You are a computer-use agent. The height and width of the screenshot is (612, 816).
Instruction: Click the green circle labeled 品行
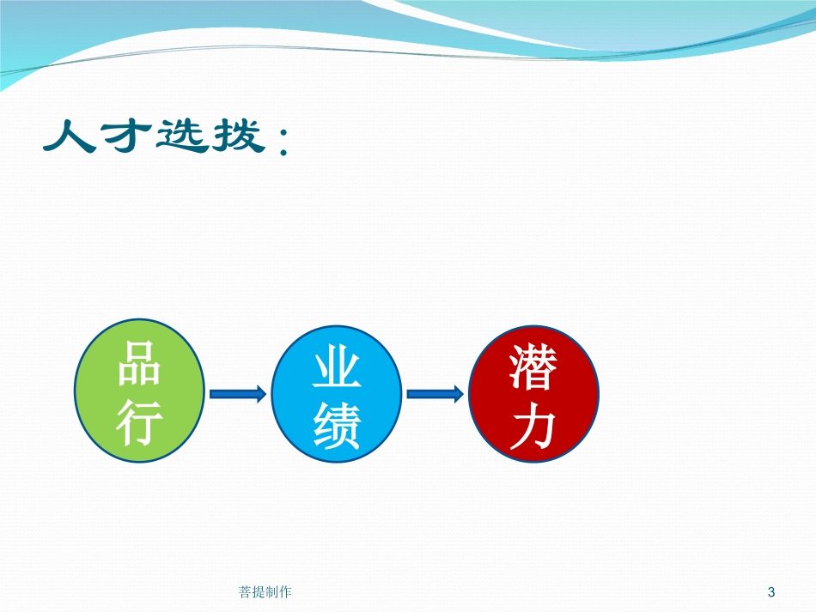click(x=139, y=391)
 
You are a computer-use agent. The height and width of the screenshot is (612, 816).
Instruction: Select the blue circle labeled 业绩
click(x=336, y=394)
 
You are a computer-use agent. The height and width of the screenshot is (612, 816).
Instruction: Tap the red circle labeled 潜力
click(x=534, y=394)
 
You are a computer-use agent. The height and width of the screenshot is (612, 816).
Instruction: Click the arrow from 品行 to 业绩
click(x=238, y=394)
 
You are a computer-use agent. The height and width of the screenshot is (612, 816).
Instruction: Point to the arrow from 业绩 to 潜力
click(x=435, y=394)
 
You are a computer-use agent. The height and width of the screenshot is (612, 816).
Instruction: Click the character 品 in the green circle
click(x=138, y=363)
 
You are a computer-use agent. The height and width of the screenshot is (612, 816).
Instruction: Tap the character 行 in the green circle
click(x=139, y=422)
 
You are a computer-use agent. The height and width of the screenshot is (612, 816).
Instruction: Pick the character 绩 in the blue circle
click(x=337, y=427)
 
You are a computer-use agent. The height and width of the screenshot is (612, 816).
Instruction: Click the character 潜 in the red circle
click(x=533, y=367)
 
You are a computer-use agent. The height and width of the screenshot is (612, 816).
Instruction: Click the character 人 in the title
click(x=70, y=136)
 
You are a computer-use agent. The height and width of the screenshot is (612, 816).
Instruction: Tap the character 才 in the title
click(x=126, y=136)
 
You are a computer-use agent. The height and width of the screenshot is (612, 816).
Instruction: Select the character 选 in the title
click(x=181, y=136)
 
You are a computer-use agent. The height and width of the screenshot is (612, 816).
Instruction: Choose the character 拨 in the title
click(x=238, y=136)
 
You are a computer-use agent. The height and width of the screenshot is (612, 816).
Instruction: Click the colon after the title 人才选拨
click(x=283, y=142)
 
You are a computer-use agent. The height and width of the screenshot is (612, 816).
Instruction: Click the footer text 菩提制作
click(x=265, y=591)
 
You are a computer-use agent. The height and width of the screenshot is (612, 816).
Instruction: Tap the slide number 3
click(x=771, y=591)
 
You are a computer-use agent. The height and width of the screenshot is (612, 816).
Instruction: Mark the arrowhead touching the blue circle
click(x=260, y=394)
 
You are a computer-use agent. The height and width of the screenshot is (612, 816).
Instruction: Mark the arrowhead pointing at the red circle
click(x=458, y=394)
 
